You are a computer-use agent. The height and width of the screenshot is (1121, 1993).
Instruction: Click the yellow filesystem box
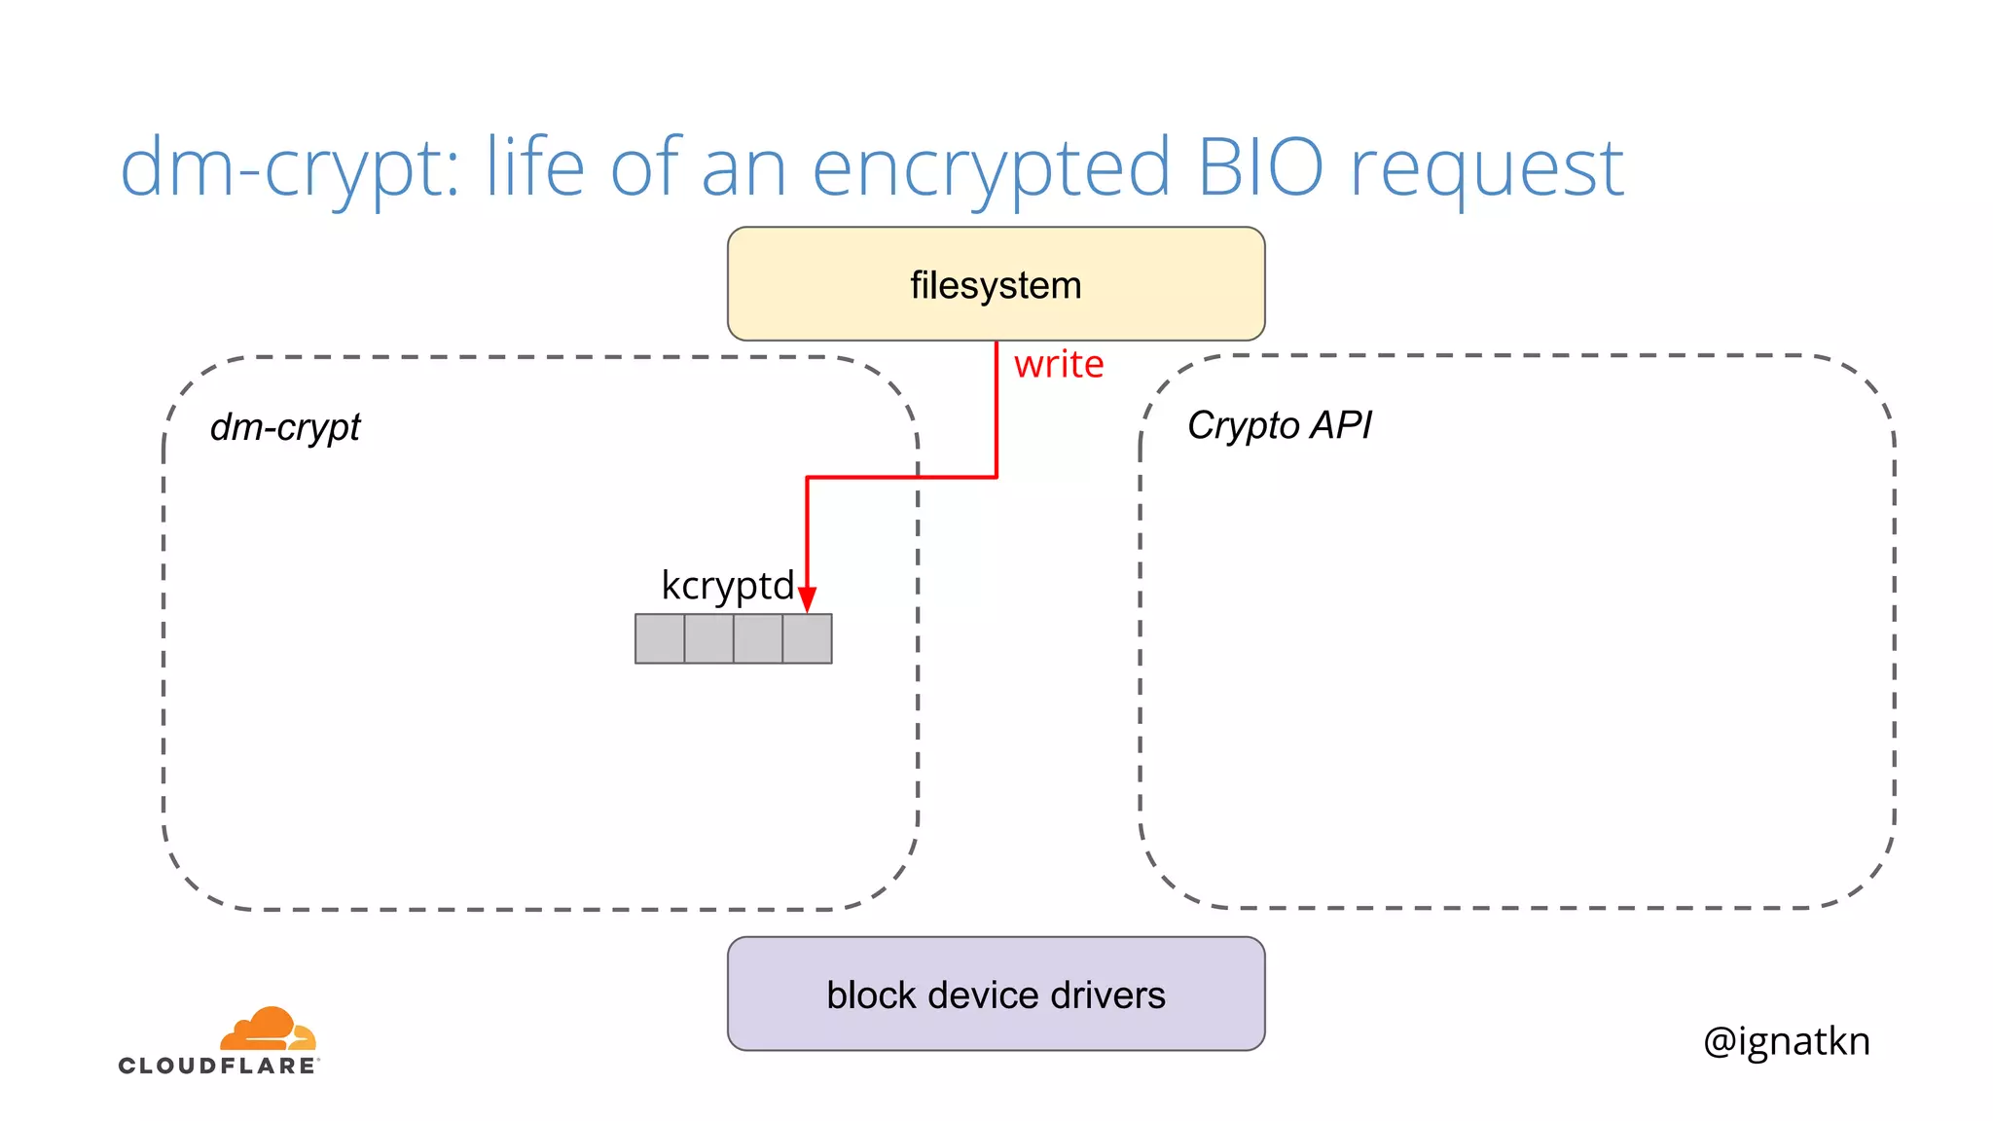coord(996,284)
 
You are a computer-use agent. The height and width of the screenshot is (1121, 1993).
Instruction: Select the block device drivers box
coord(996,994)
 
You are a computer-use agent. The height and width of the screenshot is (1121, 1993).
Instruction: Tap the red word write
coord(1059,365)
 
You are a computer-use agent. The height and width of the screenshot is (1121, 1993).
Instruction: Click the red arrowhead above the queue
coord(807,599)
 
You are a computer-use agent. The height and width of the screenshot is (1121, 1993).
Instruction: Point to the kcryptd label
coord(727,586)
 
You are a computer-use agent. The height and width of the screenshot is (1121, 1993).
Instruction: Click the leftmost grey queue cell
coord(660,638)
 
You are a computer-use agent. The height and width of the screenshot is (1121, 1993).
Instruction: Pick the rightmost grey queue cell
coord(808,638)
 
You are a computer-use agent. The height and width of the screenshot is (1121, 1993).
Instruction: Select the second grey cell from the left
coord(708,638)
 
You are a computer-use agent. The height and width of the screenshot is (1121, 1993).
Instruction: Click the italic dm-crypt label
coord(285,427)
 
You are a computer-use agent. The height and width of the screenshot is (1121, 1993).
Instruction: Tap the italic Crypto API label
coord(1279,425)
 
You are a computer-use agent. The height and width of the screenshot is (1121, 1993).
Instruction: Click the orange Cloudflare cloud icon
coord(267,1029)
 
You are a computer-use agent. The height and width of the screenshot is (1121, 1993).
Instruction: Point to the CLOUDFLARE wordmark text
coord(218,1066)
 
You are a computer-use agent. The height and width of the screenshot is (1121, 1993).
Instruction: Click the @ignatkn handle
coord(1787,1041)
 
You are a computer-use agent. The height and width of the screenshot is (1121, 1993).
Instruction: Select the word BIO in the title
coord(1260,167)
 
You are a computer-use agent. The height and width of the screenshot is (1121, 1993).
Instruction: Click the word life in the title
coord(535,167)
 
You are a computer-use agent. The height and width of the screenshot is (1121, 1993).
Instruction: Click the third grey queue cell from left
coord(758,638)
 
